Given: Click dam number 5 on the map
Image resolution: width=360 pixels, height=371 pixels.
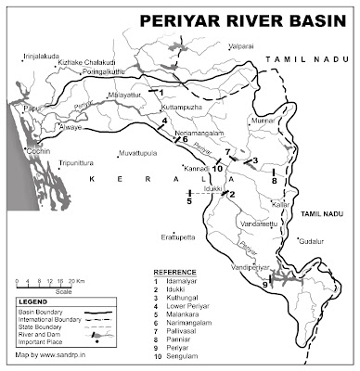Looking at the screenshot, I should tap(189, 199).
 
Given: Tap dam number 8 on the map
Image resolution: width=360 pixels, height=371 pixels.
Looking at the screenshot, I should tap(275, 180).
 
